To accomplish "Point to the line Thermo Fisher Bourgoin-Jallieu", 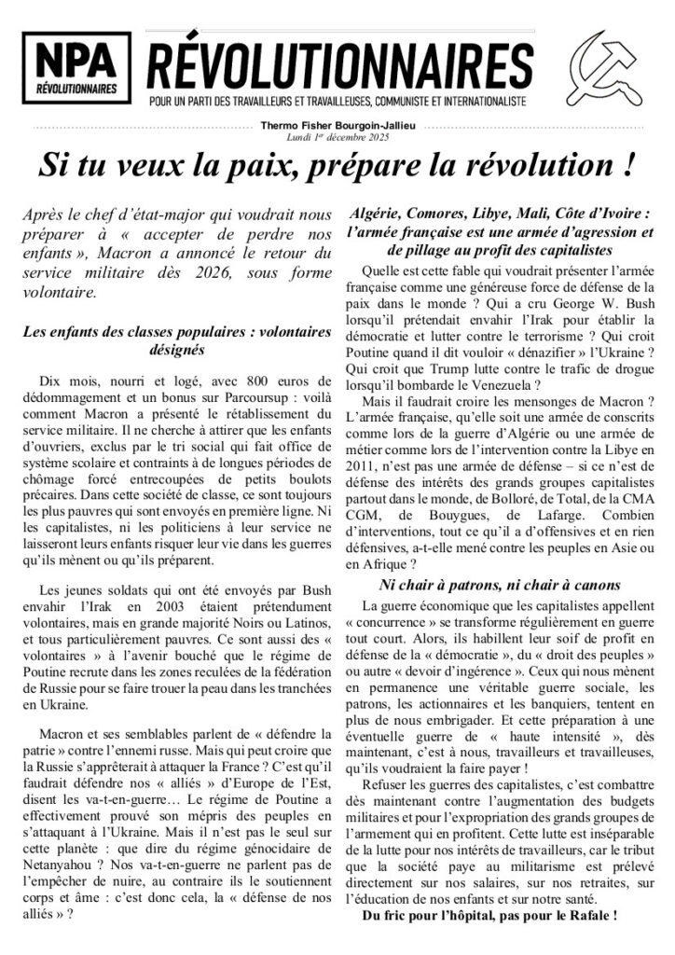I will click(337, 129).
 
